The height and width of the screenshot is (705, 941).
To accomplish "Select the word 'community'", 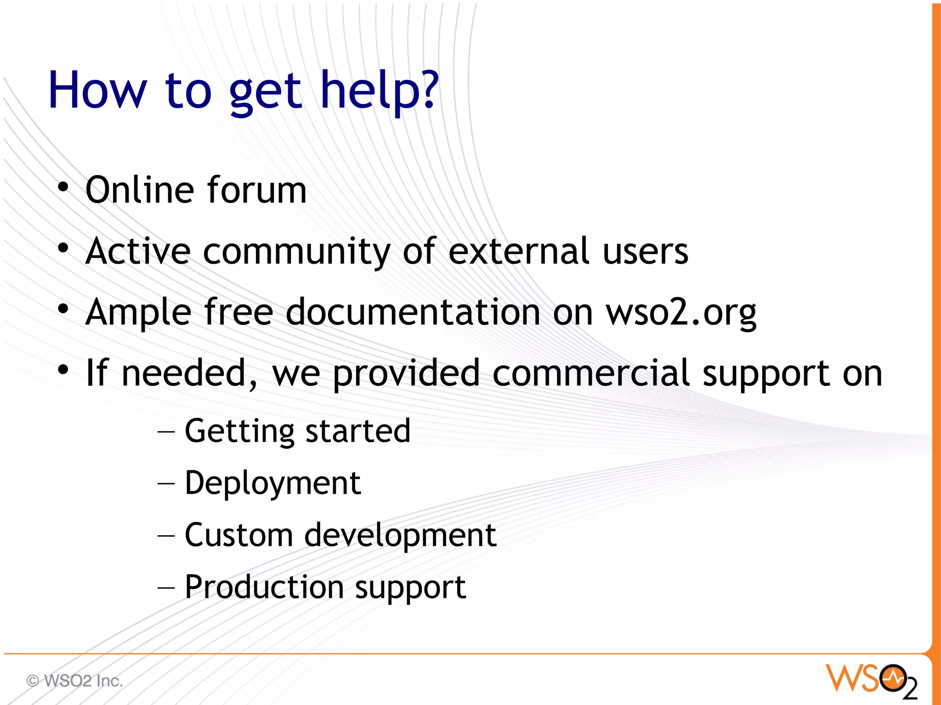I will pos(297,252).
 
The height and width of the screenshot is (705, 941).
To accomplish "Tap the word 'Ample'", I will pos(138,312).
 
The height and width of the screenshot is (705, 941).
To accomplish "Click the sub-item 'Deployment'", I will pos(272,483).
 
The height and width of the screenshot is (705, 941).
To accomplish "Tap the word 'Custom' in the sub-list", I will pos(238,535).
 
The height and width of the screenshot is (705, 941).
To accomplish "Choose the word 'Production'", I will pos(264,587).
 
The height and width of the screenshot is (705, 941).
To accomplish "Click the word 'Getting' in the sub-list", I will pos(239,432).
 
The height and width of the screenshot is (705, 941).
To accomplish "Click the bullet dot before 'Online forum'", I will pos(63,187).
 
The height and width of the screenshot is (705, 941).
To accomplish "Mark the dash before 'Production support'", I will pos(166,587).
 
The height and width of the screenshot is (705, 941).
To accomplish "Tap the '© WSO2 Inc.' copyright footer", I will pos(75,680).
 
